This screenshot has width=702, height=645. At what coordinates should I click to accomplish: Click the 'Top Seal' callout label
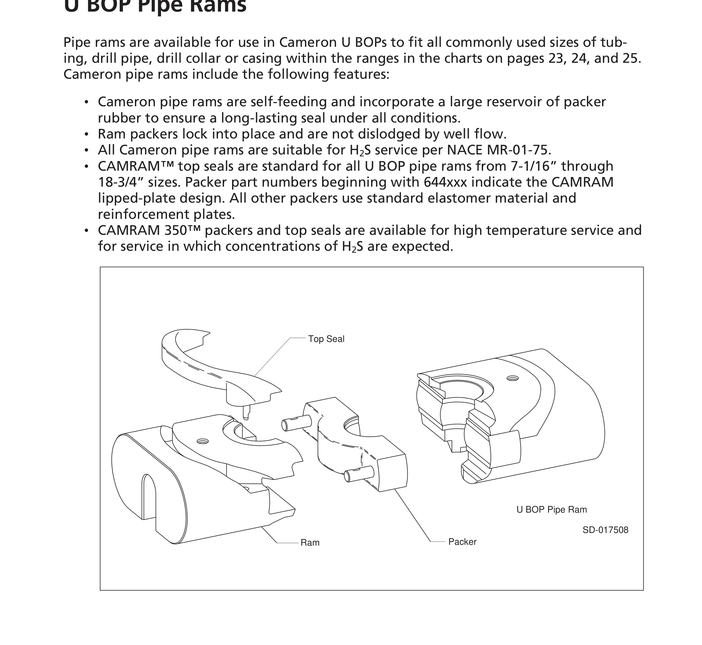tap(326, 339)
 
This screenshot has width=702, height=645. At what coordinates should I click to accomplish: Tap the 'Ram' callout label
tap(310, 542)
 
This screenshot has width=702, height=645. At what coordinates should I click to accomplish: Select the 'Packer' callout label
tap(462, 542)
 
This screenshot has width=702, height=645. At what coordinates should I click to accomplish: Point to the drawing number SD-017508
tap(605, 530)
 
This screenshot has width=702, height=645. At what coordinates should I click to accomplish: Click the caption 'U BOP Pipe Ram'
tap(551, 510)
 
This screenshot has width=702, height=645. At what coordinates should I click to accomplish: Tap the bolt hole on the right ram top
tap(512, 378)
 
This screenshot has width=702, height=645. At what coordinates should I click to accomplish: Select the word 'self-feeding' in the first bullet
tap(288, 102)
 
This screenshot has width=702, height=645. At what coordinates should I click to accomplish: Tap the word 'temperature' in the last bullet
tap(491, 231)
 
